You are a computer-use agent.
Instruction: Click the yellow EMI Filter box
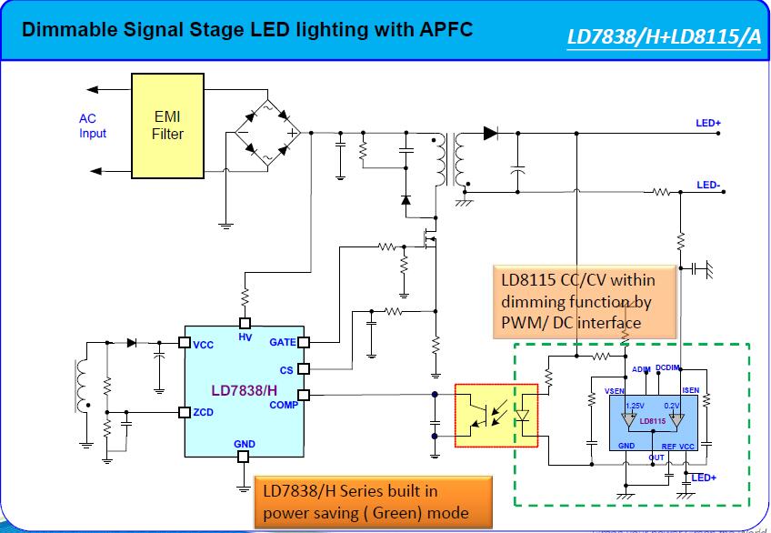[x=167, y=126]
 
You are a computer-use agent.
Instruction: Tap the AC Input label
[x=93, y=126]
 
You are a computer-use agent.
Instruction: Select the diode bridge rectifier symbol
[x=264, y=134]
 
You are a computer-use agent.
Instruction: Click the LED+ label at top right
[x=708, y=123]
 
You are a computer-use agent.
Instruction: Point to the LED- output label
[x=708, y=185]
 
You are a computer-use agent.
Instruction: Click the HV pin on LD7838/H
[x=245, y=323]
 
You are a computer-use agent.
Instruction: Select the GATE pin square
[x=305, y=343]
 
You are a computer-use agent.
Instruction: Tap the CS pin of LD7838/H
[x=305, y=369]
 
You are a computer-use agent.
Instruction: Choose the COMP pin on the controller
[x=305, y=395]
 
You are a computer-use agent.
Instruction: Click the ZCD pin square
[x=184, y=412]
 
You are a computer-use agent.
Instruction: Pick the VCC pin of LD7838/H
[x=184, y=344]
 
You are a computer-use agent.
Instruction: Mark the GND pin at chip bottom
[x=244, y=457]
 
